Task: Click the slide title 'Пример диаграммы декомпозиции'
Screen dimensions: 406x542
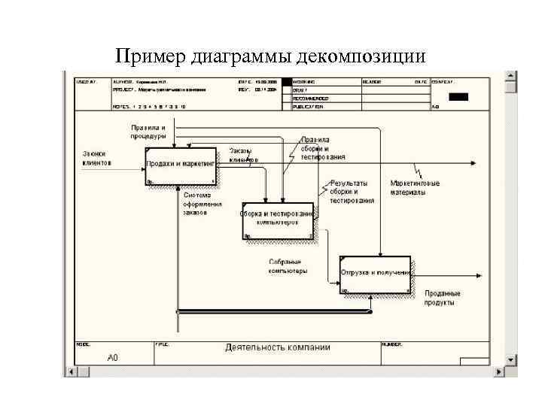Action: point(271,56)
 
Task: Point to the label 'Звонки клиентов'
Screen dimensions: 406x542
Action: point(97,159)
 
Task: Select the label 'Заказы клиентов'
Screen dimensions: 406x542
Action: point(244,156)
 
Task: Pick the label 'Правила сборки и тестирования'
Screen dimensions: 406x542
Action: point(323,148)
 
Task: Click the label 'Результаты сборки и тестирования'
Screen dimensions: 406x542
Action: point(352,192)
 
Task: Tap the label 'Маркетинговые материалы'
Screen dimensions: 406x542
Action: point(414,187)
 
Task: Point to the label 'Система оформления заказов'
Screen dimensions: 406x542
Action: point(202,204)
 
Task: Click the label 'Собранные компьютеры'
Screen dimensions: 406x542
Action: point(288,266)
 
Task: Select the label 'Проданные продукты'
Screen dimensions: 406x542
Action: point(443,298)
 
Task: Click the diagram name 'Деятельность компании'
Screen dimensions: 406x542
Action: point(278,347)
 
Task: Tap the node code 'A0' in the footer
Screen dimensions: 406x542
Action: point(112,358)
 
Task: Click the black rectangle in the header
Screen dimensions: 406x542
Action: point(458,96)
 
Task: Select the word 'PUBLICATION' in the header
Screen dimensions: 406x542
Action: point(309,107)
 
